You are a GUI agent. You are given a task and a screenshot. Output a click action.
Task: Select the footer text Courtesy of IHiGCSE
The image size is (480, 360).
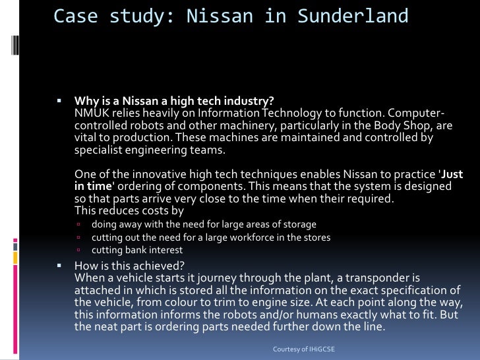tap(305, 347)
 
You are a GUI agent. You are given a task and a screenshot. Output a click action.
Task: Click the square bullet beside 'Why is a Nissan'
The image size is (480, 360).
tap(59, 102)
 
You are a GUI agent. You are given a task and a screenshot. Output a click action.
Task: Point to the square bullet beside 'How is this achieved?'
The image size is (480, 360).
tap(59, 266)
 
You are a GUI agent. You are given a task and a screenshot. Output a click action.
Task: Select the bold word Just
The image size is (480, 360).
tap(452, 175)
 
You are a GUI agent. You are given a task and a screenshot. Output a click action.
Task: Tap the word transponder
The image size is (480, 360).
tap(371, 278)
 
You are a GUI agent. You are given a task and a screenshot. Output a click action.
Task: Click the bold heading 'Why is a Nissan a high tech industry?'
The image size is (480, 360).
tap(174, 101)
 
